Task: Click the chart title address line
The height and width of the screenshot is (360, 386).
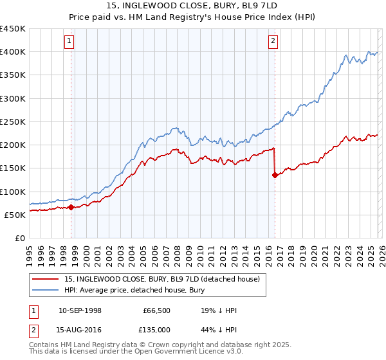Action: coord(193,6)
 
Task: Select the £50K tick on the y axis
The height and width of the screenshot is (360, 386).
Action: coord(14,215)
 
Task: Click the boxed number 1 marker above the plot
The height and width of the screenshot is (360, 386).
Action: coord(69,41)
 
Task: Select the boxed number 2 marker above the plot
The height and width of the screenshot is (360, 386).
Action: coord(273,41)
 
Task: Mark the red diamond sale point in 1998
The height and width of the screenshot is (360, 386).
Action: coord(71,207)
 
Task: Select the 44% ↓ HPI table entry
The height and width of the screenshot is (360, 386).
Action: coord(219,330)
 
